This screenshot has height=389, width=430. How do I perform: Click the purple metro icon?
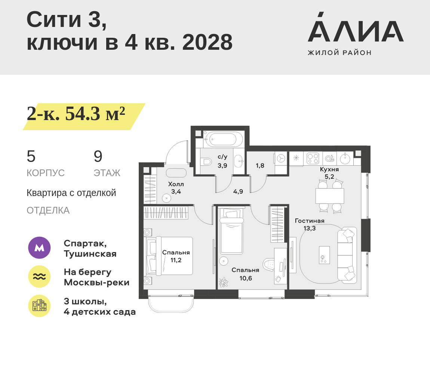[x=40, y=248]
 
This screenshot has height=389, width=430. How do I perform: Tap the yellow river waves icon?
[x=40, y=276]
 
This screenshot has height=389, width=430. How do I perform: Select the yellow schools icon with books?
[x=40, y=306]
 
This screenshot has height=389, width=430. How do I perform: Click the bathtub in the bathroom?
[x=223, y=139]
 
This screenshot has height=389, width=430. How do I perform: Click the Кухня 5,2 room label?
[x=329, y=173]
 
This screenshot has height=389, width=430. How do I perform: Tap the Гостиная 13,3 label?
[x=310, y=224]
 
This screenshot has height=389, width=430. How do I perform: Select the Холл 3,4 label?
[x=176, y=188]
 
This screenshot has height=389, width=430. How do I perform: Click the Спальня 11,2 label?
[x=176, y=256]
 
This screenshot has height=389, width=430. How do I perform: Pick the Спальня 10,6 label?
[x=245, y=274]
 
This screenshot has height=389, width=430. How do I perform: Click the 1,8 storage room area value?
[x=260, y=166]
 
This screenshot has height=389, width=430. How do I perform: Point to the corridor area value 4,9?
[x=238, y=192]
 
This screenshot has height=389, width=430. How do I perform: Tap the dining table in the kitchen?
[x=330, y=196]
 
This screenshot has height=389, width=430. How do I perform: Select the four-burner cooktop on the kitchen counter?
[x=313, y=158]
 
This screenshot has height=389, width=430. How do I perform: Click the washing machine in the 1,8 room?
[x=281, y=159]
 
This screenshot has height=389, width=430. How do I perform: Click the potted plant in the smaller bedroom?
[x=224, y=282]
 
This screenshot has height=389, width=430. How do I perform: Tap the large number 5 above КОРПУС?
[x=31, y=156]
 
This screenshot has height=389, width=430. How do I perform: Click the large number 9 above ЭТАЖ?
[x=98, y=156]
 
